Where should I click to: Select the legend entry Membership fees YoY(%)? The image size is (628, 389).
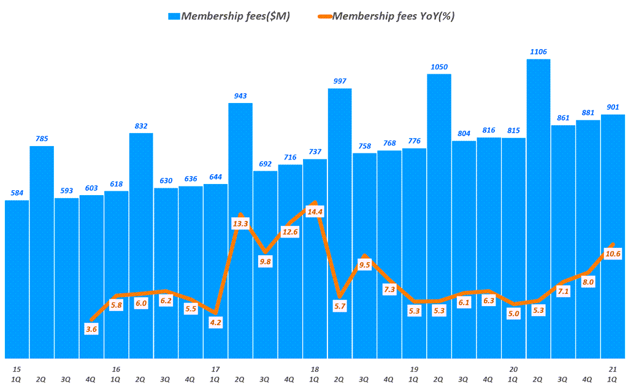click(392, 17)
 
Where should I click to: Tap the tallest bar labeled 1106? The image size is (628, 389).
click(538, 209)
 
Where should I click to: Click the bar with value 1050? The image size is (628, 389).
click(439, 215)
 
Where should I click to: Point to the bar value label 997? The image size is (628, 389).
click(340, 81)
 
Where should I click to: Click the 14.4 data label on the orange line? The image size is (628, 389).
click(315, 212)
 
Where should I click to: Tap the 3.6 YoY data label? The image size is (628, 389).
click(91, 329)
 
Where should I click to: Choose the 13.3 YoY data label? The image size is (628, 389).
click(240, 224)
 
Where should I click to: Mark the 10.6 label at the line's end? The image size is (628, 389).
click(613, 254)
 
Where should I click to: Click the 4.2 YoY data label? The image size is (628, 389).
click(215, 323)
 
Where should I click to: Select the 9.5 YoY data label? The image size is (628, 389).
click(364, 265)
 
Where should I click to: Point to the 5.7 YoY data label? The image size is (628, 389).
click(340, 306)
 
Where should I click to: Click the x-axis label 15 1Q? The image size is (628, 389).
click(17, 374)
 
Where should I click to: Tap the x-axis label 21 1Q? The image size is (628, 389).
click(613, 374)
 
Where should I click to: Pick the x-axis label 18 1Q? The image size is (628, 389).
click(315, 374)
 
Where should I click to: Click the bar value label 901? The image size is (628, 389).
click(613, 107)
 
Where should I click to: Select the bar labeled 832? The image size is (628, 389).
click(141, 245)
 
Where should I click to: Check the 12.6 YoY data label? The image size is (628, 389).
click(290, 231)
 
